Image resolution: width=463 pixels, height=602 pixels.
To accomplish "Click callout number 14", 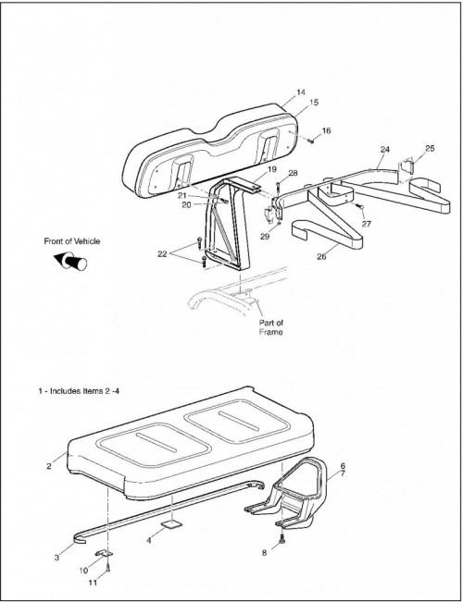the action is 301,92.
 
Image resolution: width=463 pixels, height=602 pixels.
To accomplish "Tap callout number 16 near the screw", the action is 326,130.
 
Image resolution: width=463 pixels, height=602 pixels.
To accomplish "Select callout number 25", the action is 430,148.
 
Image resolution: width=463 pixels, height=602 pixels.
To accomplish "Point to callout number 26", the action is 321,256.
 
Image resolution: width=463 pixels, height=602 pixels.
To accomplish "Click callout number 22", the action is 162,253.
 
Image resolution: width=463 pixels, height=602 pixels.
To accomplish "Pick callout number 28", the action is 293,173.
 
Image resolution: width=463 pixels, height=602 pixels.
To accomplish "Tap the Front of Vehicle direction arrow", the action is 70,261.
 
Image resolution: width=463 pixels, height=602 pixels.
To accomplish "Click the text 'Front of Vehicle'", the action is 72,241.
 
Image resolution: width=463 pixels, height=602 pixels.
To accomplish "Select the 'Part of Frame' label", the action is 270,327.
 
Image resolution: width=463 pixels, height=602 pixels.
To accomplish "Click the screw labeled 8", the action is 282,540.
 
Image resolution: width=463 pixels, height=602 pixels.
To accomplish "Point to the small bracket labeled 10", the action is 104,553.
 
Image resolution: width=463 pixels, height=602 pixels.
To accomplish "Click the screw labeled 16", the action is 311,141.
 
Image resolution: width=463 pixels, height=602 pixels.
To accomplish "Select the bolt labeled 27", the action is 361,207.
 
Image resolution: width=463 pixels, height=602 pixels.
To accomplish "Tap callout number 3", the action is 56,558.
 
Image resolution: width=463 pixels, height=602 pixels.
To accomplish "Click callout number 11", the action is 93,583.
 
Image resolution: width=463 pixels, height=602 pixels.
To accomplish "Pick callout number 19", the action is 272,169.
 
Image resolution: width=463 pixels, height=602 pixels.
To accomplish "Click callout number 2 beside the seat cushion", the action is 49,466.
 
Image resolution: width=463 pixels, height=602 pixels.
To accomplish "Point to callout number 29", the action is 265,237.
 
